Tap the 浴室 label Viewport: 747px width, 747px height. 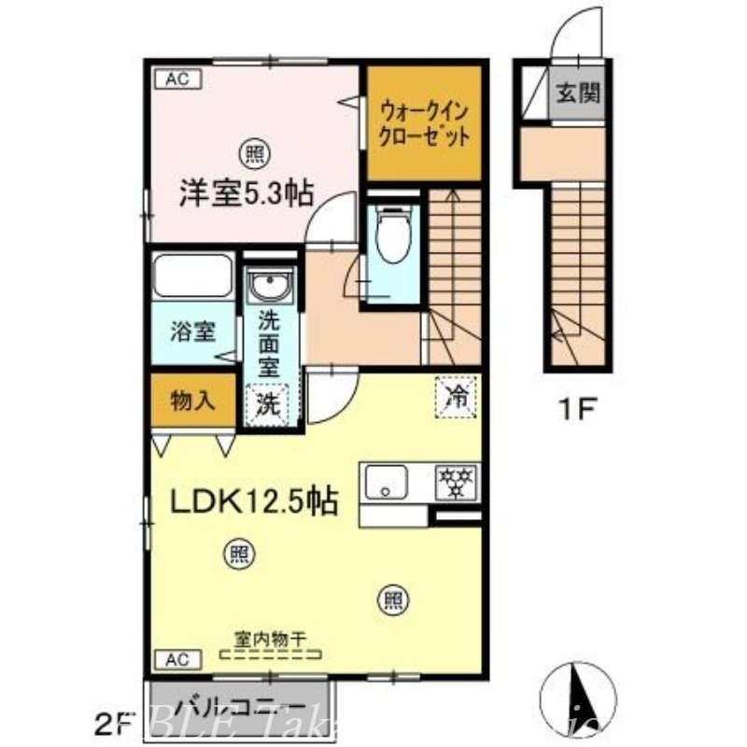pos(193,331)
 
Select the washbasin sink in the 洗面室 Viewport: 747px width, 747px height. pos(272,284)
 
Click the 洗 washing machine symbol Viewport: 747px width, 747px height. pos(268,404)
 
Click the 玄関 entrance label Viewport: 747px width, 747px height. pos(578,93)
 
